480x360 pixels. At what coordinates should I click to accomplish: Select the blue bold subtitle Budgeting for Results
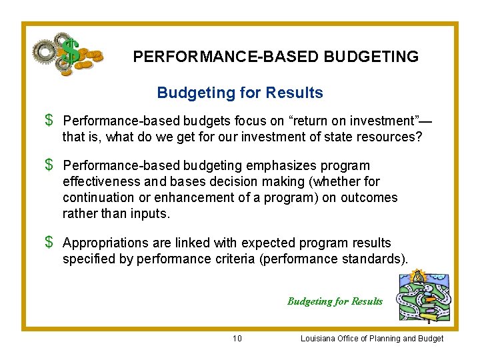click(240, 93)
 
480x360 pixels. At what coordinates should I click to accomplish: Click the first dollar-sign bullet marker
click(49, 121)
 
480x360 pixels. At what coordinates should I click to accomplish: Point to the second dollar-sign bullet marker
click(49, 165)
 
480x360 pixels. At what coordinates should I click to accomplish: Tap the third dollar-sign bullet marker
click(49, 243)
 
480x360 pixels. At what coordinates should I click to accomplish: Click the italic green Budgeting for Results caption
click(335, 301)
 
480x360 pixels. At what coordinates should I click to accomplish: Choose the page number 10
click(237, 339)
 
